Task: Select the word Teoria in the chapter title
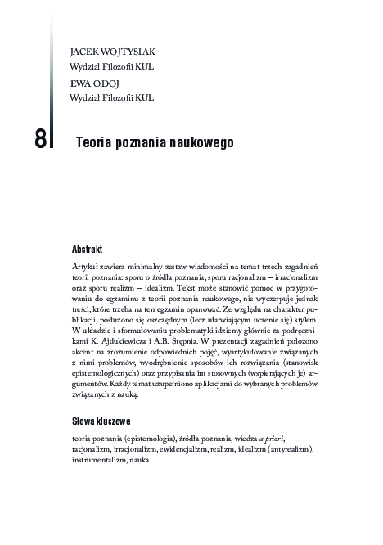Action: tap(92, 141)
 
